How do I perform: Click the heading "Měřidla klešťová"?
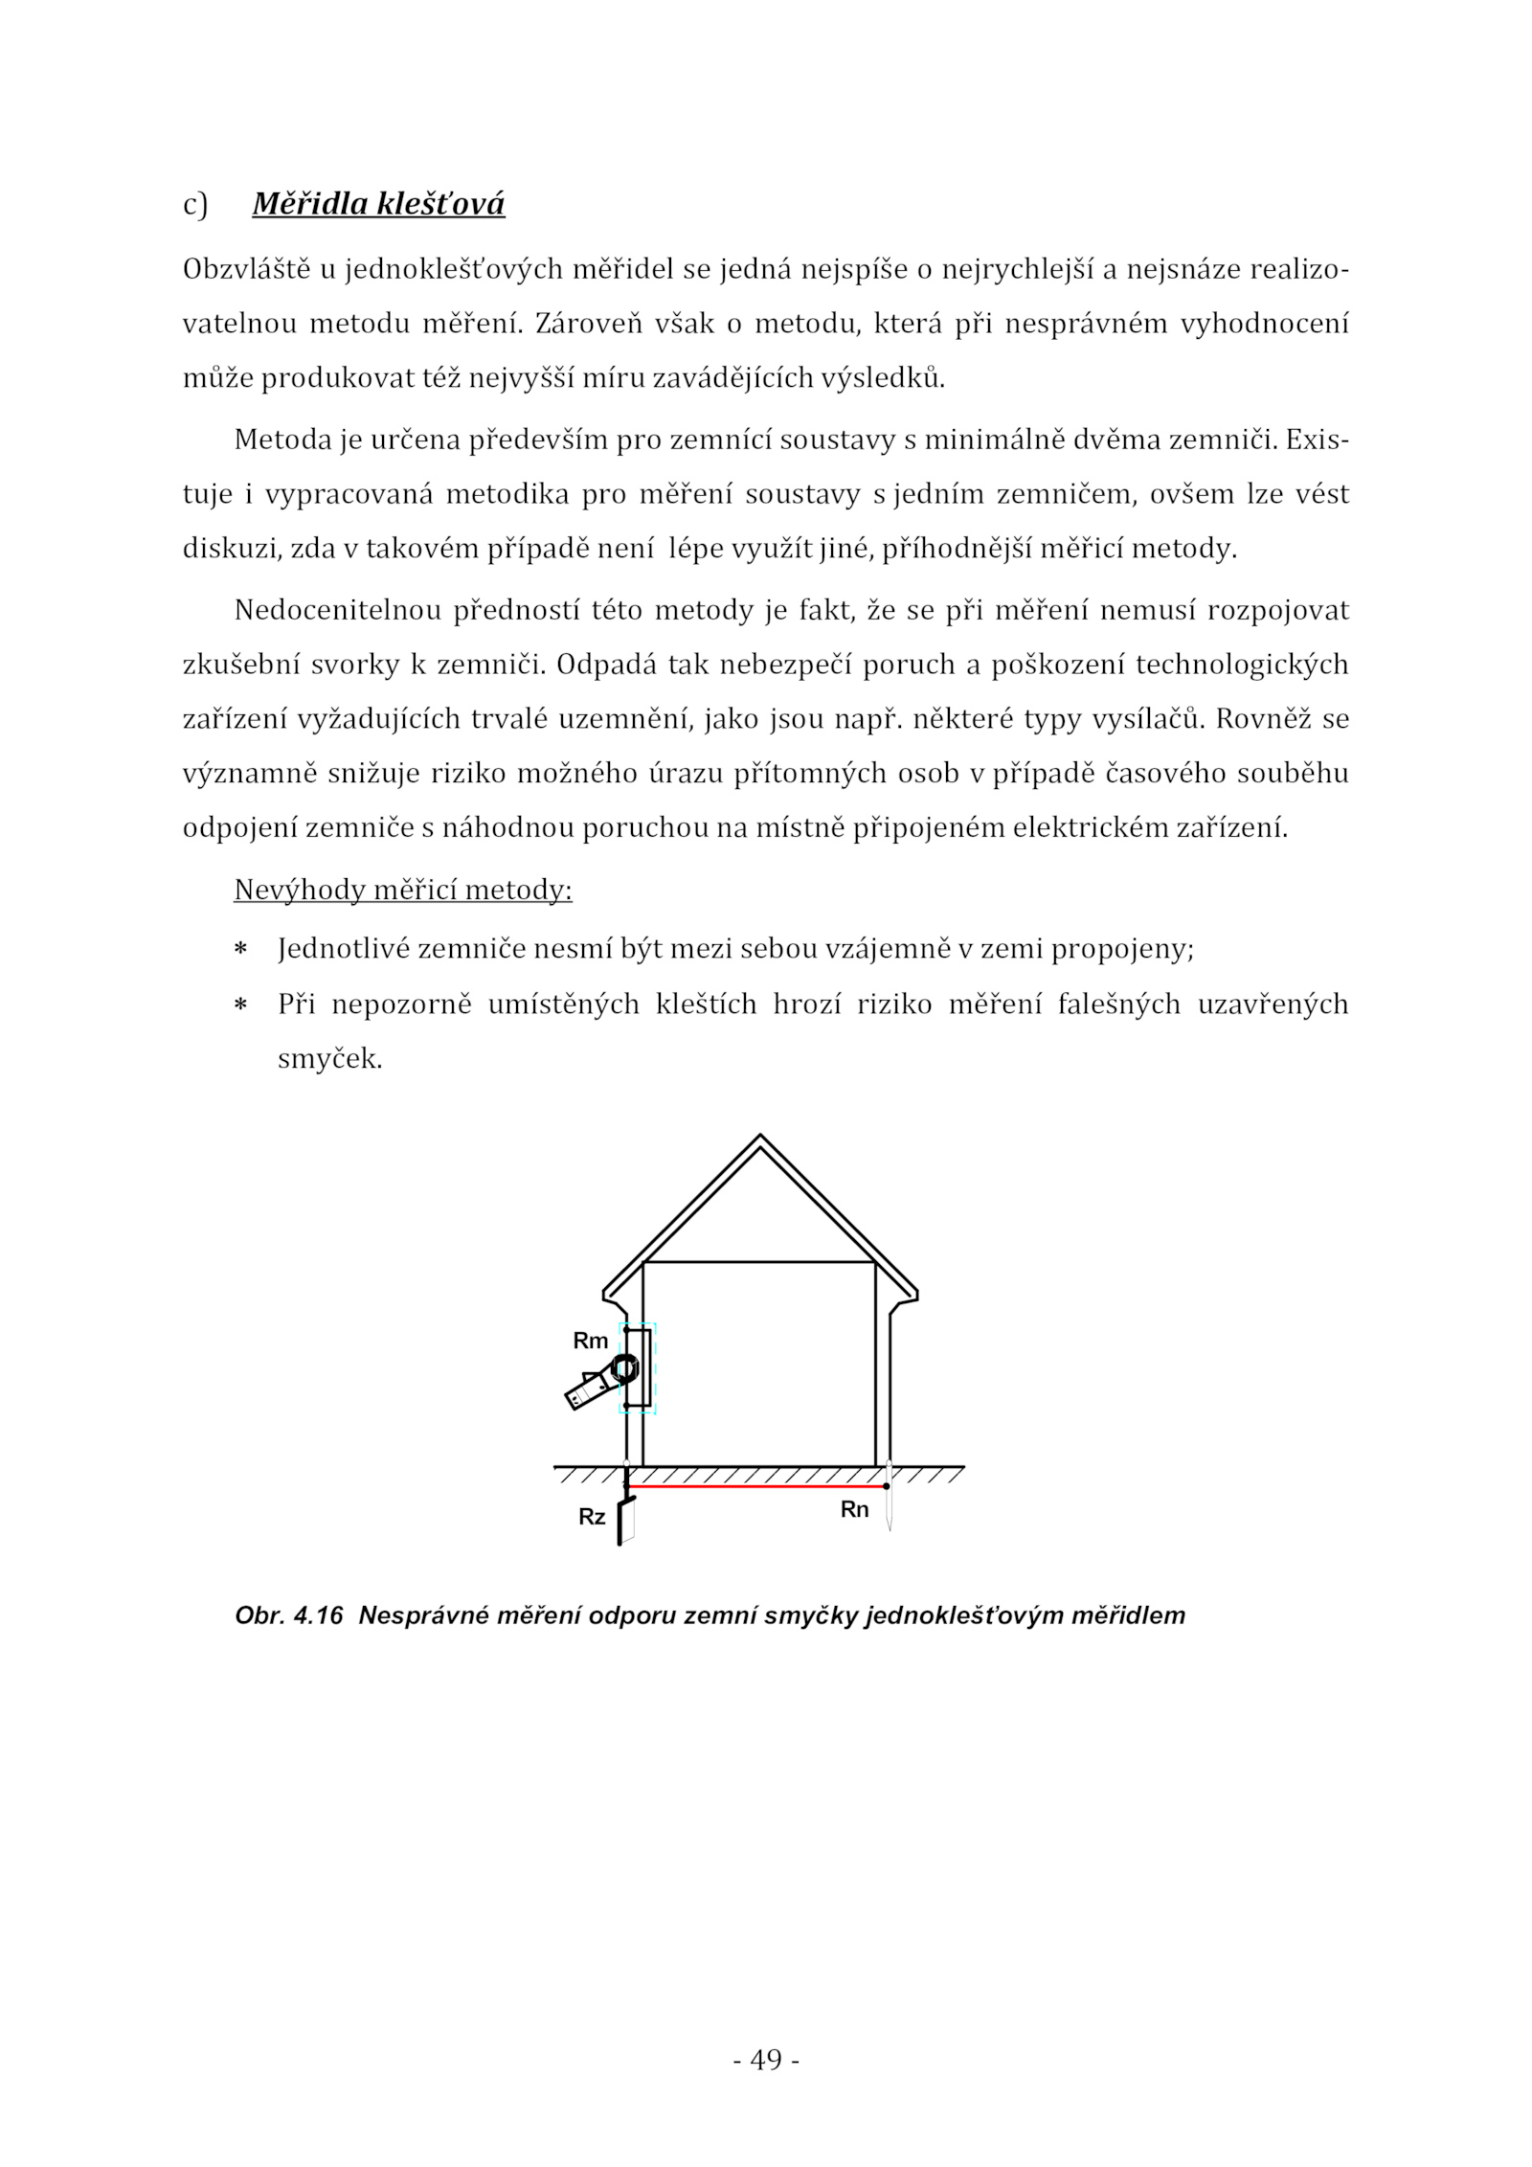tap(378, 204)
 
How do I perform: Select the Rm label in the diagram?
tap(591, 1342)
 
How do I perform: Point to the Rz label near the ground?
tap(592, 1517)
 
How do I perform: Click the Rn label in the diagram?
tap(854, 1509)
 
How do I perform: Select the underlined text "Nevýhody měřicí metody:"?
tap(403, 891)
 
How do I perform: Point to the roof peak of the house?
tap(760, 1139)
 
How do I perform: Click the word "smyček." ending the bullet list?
tap(329, 1060)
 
